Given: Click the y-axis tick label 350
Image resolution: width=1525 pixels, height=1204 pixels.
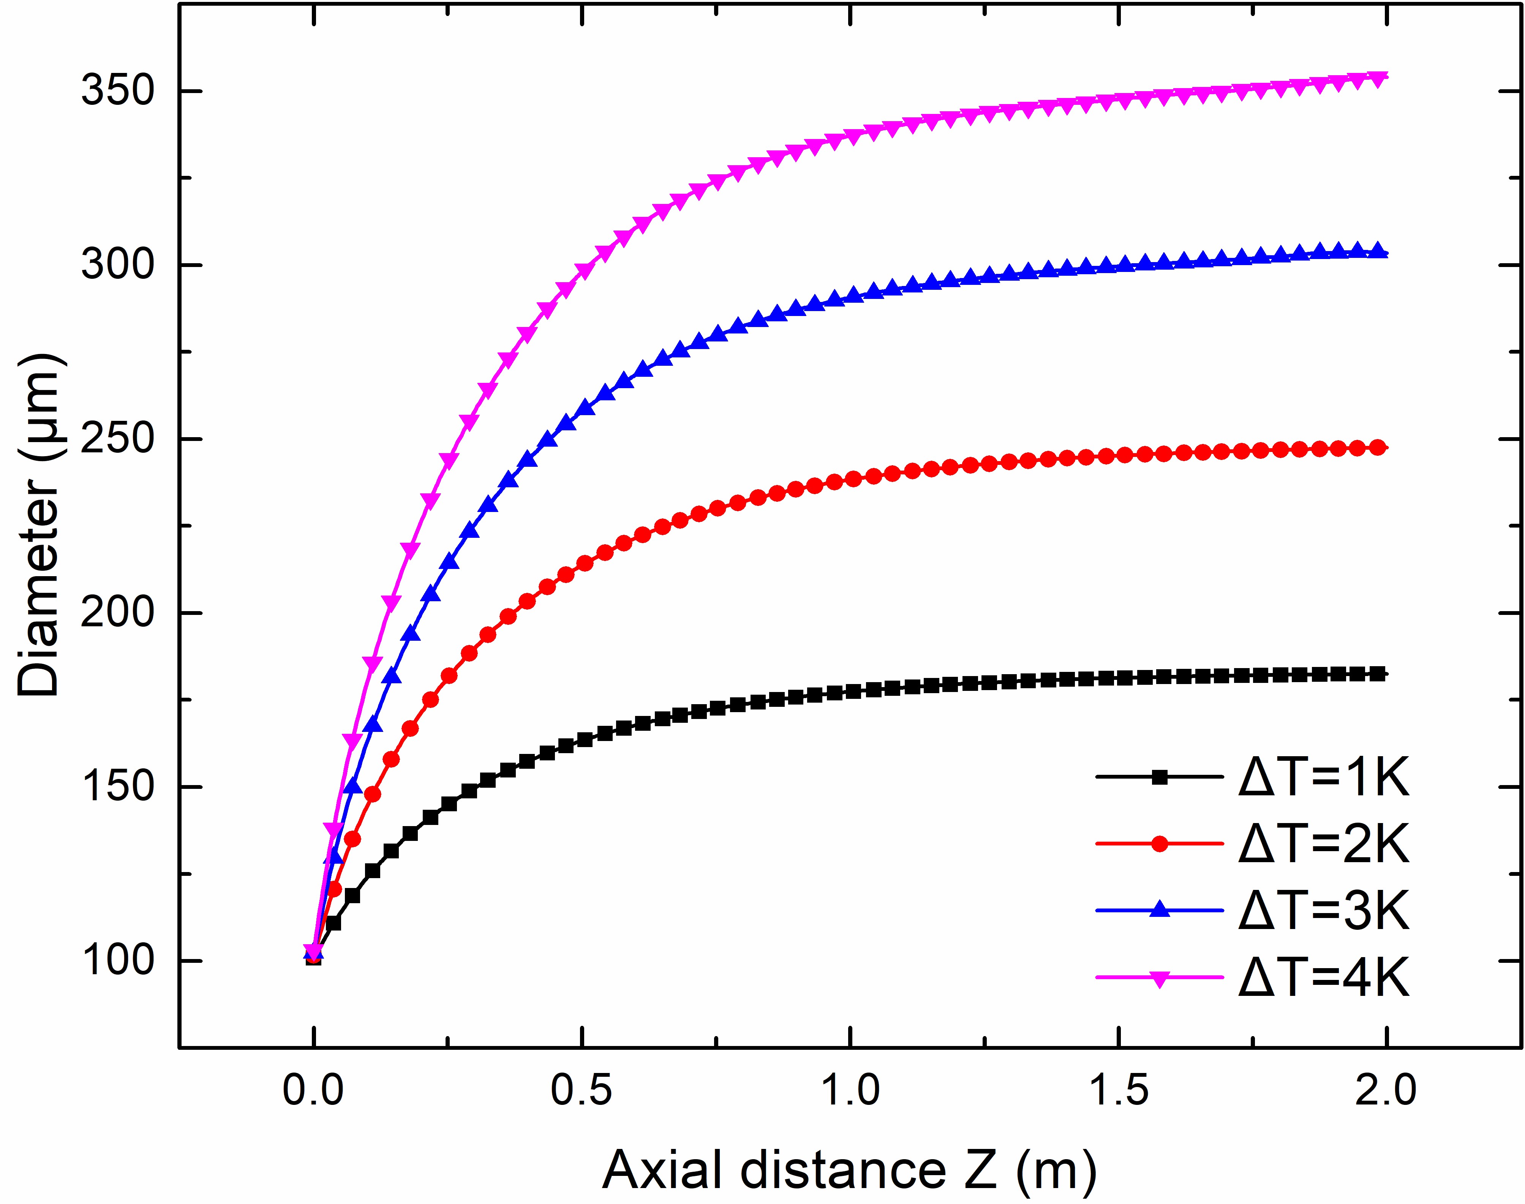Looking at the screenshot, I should (117, 91).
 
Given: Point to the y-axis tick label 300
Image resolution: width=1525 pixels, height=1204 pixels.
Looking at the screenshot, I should (117, 265).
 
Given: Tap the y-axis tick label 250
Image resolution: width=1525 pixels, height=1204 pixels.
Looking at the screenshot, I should (117, 438).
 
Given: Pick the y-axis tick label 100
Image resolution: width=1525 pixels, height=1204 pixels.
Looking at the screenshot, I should (117, 960).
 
